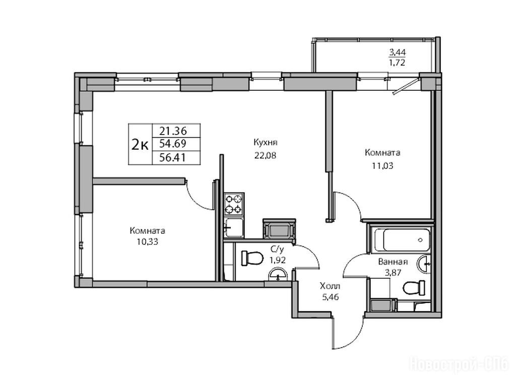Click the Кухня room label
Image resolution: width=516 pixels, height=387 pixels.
(x=265, y=143)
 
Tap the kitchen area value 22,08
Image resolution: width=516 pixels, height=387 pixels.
(x=265, y=155)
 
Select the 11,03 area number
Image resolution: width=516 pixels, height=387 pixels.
(x=382, y=165)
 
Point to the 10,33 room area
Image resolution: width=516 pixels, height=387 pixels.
(x=148, y=242)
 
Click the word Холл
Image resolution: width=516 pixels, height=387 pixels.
(x=330, y=286)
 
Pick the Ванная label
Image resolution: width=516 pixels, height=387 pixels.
(x=393, y=262)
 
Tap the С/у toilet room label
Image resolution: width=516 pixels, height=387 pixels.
(x=278, y=249)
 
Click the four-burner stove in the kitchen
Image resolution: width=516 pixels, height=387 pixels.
(x=234, y=204)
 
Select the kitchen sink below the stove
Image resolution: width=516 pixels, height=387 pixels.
(x=234, y=227)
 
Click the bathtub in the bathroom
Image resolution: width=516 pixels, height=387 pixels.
(x=402, y=240)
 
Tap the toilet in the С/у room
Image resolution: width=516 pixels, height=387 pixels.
(x=252, y=258)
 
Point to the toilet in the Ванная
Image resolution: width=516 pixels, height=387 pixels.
(x=414, y=288)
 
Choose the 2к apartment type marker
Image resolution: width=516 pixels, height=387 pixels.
(x=140, y=144)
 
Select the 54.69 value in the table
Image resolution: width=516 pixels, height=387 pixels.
(x=173, y=144)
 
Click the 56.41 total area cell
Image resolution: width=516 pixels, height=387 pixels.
(x=173, y=158)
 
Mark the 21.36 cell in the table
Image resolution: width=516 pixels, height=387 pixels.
(x=173, y=131)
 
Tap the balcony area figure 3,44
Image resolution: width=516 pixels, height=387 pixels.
(x=397, y=52)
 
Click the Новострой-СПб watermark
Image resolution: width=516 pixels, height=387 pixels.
(x=459, y=365)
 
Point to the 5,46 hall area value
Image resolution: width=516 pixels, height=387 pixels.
(x=331, y=297)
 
